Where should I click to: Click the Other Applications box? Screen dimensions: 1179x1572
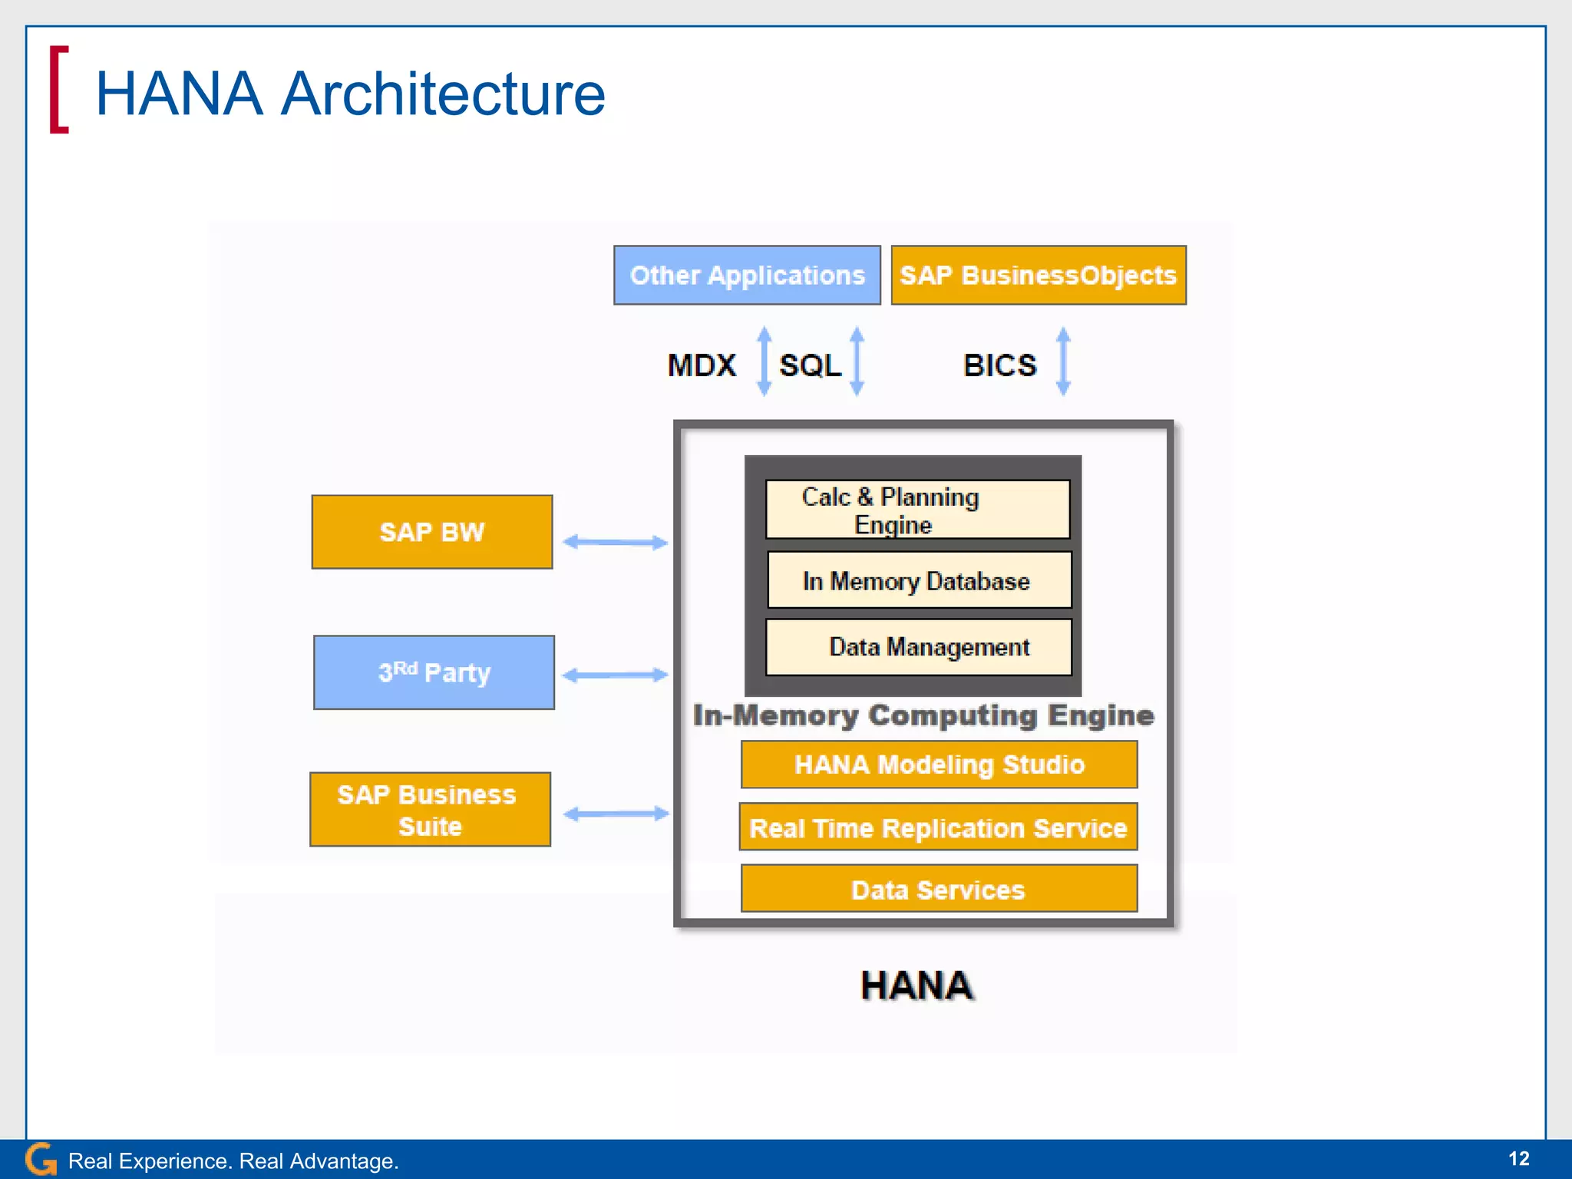click(x=747, y=276)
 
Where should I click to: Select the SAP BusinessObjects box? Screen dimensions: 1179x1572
click(x=1038, y=276)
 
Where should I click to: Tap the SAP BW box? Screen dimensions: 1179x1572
click(x=431, y=532)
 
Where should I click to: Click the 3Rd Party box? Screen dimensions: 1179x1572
click(x=434, y=672)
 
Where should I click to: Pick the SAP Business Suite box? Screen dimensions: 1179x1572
click(x=430, y=810)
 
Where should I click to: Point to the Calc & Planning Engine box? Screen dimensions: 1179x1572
click(x=917, y=510)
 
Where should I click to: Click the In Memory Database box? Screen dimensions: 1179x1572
click(x=919, y=580)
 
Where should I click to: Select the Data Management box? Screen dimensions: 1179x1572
click(x=919, y=647)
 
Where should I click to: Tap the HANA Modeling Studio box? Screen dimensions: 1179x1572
click(x=939, y=765)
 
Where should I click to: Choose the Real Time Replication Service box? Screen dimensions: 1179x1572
click(x=938, y=827)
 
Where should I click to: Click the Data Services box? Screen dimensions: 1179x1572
click(x=939, y=889)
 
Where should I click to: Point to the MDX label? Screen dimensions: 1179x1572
click(x=702, y=365)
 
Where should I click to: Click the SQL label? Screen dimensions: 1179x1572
click(x=810, y=365)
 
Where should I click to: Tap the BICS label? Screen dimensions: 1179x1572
click(x=999, y=365)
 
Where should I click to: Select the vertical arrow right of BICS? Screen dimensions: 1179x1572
click(x=1063, y=361)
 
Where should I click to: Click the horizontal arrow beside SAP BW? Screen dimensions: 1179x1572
click(x=615, y=542)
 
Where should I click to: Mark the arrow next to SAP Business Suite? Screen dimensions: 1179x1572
click(x=616, y=814)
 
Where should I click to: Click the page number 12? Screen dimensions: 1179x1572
click(x=1518, y=1158)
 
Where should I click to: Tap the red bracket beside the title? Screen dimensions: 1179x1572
click(x=58, y=90)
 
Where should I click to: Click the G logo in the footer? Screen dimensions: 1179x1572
click(x=41, y=1159)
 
